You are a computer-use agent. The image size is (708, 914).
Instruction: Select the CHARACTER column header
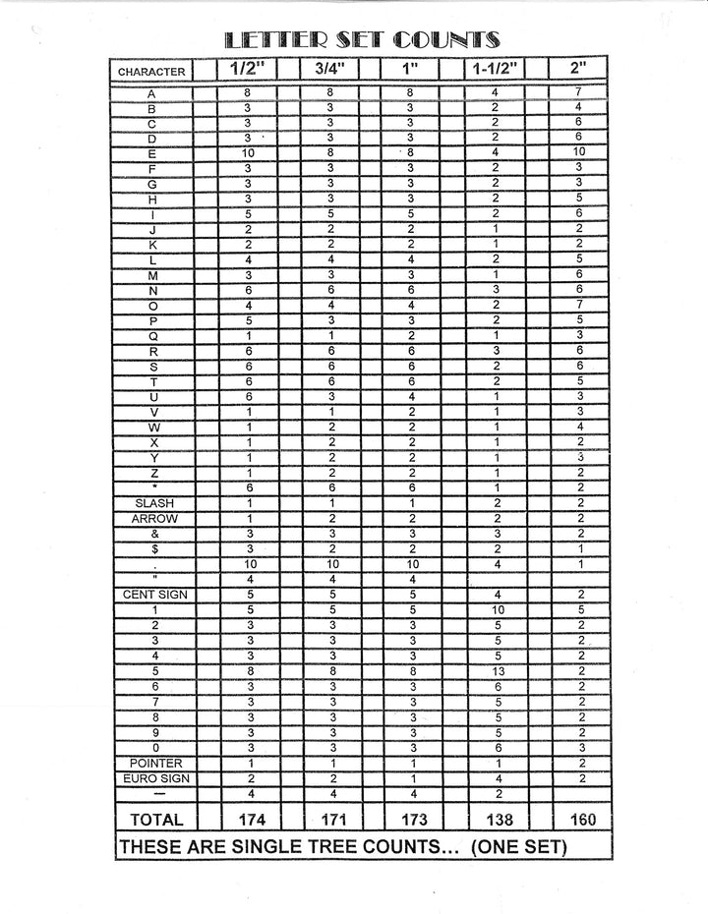151,71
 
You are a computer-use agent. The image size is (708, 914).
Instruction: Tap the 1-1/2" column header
495,70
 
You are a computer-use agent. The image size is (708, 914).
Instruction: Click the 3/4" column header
329,70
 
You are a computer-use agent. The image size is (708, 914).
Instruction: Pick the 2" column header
578,70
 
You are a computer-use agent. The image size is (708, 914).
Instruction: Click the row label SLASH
152,503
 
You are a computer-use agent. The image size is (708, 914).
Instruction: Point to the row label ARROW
152,519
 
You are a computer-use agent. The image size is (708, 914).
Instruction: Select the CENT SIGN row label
152,595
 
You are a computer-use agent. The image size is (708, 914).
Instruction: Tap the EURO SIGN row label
152,778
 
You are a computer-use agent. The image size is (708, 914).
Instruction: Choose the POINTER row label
152,763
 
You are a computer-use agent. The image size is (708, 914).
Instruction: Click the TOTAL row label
151,819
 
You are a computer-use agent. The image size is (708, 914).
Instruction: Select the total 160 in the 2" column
580,820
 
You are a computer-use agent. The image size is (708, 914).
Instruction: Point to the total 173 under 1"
412,820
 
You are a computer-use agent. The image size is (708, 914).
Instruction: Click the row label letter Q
152,335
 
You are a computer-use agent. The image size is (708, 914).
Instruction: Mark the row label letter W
152,427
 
